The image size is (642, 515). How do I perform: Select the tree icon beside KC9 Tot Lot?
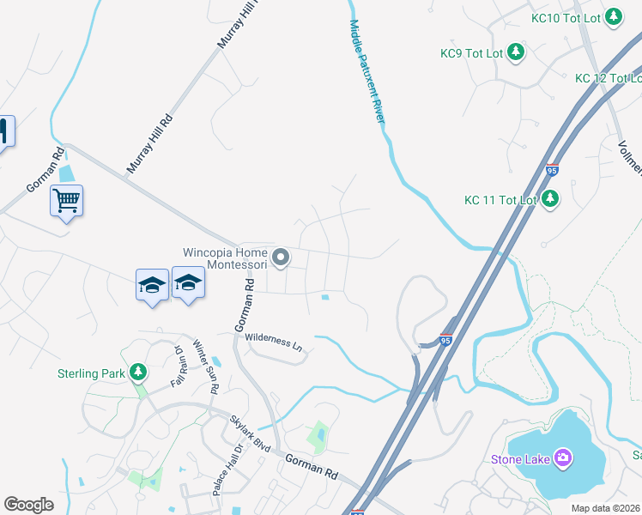click(x=515, y=53)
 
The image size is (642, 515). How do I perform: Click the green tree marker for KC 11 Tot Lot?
click(x=550, y=200)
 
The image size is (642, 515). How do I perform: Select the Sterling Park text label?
click(x=91, y=373)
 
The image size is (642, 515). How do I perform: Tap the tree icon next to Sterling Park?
click(x=136, y=373)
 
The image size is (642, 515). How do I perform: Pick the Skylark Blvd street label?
click(x=250, y=435)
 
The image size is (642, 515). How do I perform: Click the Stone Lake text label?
click(x=519, y=458)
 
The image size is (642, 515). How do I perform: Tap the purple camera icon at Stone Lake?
click(x=563, y=457)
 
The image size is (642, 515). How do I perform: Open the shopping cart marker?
click(x=66, y=201)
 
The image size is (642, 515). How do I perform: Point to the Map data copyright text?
click(x=605, y=508)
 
